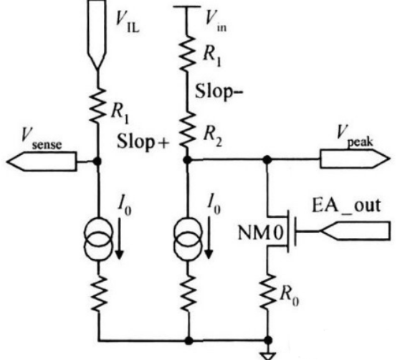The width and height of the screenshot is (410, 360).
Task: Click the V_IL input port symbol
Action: click(x=97, y=34)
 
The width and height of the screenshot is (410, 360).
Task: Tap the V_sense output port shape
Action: click(x=42, y=161)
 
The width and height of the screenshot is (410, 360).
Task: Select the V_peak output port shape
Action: click(x=355, y=158)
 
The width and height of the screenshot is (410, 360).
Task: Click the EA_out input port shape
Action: click(x=355, y=230)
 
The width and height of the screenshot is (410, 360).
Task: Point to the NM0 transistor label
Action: click(x=260, y=233)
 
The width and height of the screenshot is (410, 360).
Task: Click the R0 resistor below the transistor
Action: click(x=268, y=291)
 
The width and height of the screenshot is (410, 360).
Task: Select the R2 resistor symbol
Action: click(x=187, y=130)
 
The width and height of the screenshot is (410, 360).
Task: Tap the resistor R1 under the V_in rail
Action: click(x=187, y=53)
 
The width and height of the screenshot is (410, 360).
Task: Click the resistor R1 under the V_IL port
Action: click(x=97, y=105)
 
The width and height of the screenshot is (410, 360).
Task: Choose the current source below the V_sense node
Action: click(x=99, y=239)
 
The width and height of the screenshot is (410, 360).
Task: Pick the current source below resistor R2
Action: click(x=188, y=239)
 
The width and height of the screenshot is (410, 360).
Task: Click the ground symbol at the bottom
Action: click(x=268, y=356)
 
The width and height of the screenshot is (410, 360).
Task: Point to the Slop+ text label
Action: click(x=143, y=141)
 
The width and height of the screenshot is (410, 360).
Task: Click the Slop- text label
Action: click(x=219, y=91)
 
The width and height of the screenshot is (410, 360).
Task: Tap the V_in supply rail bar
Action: click(x=187, y=6)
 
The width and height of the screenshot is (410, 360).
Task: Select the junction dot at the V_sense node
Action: click(x=97, y=161)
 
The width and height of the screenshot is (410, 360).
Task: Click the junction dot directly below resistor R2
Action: click(x=187, y=159)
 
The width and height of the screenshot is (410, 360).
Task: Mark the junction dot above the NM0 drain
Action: click(x=267, y=158)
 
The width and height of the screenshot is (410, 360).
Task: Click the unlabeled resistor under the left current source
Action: click(x=99, y=293)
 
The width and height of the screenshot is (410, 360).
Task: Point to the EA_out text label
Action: click(x=346, y=206)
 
